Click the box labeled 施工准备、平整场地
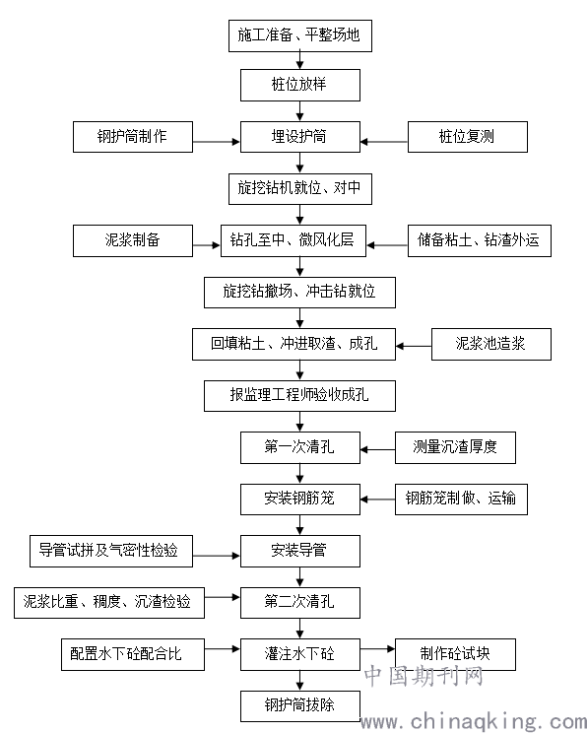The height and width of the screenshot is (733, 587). coord(300,35)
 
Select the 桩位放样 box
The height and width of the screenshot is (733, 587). coord(300,85)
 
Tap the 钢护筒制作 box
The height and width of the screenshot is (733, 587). coord(133,137)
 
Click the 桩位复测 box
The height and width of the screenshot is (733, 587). coord(468,137)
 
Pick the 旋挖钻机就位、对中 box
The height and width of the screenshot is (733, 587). coord(300,189)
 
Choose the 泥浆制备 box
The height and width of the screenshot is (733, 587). coord(133,240)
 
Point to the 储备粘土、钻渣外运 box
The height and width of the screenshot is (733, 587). coord(479,240)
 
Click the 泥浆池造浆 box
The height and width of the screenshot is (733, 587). coord(491,344)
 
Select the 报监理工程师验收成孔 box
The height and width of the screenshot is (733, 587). coord(299,396)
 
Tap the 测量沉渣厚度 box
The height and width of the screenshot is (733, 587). coord(455,448)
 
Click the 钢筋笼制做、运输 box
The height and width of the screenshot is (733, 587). coord(461,500)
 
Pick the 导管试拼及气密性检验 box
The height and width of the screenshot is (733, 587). coord(111,551)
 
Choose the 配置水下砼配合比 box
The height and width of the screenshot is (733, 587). coord(133,654)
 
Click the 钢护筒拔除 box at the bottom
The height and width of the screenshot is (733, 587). coord(300,705)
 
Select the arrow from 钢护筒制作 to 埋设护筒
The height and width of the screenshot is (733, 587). coord(216,141)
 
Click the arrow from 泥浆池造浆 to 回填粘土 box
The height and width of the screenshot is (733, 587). coord(414,346)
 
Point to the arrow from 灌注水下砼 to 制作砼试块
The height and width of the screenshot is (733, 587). coord(377,648)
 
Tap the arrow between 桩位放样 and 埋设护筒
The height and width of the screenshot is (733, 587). coord(300,111)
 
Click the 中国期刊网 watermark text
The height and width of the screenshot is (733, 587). coord(424,676)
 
